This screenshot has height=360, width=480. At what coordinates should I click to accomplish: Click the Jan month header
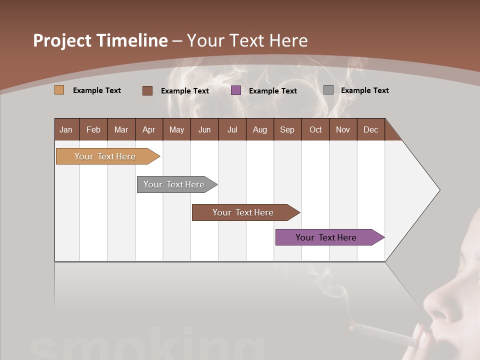click(66, 129)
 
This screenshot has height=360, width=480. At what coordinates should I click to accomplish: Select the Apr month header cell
click(149, 129)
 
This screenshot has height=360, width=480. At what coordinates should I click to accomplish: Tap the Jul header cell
click(232, 129)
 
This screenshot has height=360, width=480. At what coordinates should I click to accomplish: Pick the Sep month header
click(287, 129)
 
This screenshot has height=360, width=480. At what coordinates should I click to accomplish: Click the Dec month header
click(370, 129)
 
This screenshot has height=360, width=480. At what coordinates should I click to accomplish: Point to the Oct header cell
click(315, 129)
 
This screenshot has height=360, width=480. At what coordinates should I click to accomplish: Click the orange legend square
click(59, 90)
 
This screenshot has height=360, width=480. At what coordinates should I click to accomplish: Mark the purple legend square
click(236, 90)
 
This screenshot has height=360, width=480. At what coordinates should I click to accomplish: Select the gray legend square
click(328, 90)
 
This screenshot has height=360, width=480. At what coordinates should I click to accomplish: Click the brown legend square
click(147, 90)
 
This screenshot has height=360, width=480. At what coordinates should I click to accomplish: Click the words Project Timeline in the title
click(100, 40)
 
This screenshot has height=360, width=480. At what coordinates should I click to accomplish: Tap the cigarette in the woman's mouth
click(385, 334)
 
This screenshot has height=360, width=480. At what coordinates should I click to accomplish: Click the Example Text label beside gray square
click(364, 90)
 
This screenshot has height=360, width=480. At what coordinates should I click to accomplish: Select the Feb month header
click(93, 129)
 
